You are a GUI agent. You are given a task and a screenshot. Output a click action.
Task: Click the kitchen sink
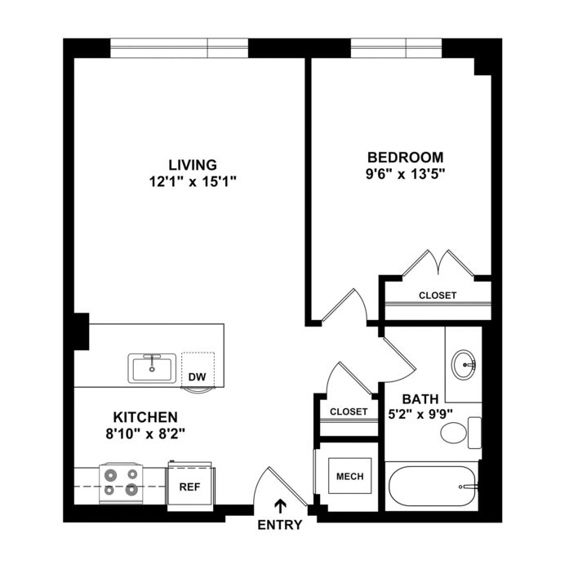pos(152,368)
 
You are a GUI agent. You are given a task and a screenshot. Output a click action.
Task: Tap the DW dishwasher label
pos(197,377)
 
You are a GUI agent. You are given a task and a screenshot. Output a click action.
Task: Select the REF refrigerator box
pos(189,486)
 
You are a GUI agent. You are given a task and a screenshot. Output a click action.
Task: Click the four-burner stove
pos(121,483)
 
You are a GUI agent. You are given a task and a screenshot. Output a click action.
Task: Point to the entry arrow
pos(280,507)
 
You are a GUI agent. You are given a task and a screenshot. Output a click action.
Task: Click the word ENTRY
pos(280,525)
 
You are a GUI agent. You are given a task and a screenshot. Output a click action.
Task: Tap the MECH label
pos(350,476)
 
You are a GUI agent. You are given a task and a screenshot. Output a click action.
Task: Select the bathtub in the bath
pos(433,487)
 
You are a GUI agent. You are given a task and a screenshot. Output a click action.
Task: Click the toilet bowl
pos(454,432)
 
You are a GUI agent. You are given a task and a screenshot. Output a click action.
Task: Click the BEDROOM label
pos(406,158)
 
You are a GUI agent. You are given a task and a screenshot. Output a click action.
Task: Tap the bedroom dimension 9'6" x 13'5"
pos(406,175)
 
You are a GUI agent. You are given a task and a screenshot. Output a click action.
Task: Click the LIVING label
pos(193,165)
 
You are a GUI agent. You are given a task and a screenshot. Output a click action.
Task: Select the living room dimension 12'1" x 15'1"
pos(193,181)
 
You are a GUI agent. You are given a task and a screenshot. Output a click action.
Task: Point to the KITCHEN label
pos(145,417)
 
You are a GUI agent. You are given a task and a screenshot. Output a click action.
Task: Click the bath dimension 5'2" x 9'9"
pos(420,414)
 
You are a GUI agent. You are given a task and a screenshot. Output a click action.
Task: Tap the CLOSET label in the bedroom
pos(438,296)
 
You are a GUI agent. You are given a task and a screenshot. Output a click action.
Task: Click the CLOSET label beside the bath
pos(349,411)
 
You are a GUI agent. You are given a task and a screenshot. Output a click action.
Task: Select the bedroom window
pos(396,48)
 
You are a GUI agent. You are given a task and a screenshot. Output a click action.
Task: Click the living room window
pos(180,48)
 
